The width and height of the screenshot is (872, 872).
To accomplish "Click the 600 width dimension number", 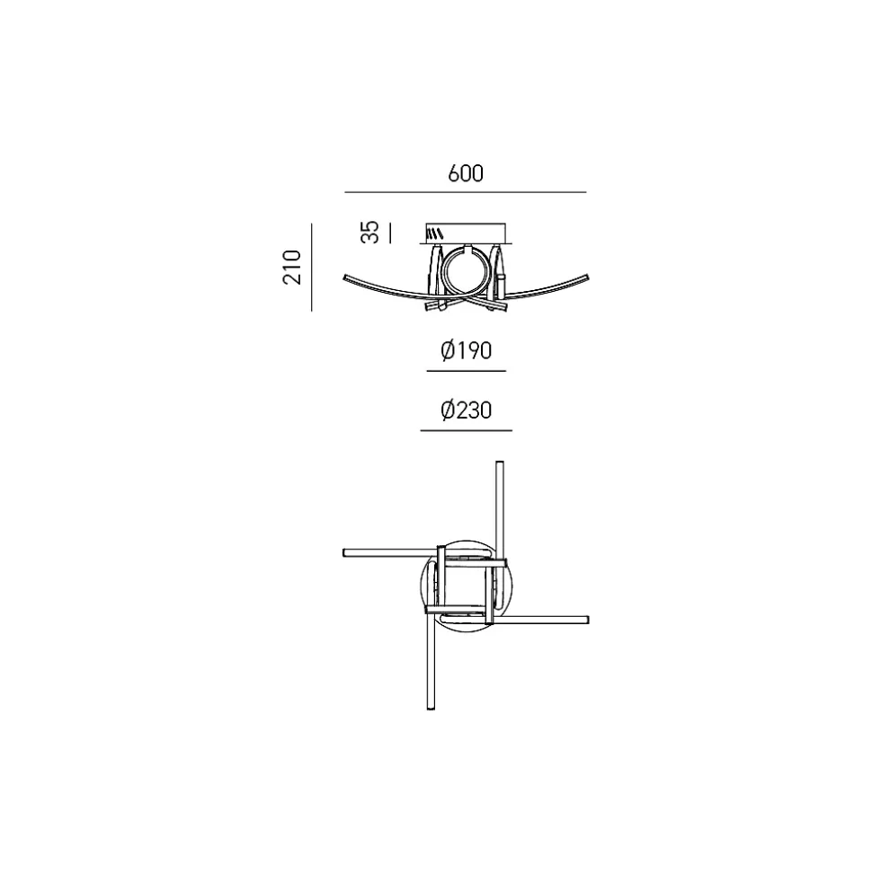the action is pos(466,173).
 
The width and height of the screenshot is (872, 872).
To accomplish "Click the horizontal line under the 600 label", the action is pos(466,192).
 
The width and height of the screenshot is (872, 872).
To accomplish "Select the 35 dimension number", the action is pos(369,233).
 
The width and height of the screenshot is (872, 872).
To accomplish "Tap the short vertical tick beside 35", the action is pos(390,233).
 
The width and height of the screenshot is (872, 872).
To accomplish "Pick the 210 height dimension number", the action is pos(292,268).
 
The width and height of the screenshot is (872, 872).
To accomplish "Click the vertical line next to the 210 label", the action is pos(312,268).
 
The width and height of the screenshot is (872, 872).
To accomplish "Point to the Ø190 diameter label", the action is pos(466,351).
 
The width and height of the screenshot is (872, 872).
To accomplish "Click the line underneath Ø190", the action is pos(466,371).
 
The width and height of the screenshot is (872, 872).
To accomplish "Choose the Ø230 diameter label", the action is pos(466,410).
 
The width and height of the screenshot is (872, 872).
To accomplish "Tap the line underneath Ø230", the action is pos(466,430).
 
